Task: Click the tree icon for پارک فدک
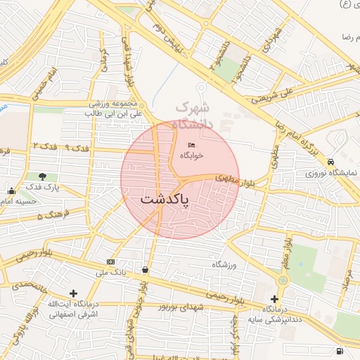43,177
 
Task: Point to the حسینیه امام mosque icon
11,191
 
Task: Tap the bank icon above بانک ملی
109,262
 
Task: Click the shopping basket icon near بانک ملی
145,269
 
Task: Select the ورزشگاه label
225,265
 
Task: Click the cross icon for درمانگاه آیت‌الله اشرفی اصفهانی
73,293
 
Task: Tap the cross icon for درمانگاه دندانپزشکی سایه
274,300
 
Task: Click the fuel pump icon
340,350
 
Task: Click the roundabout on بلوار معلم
282,280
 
